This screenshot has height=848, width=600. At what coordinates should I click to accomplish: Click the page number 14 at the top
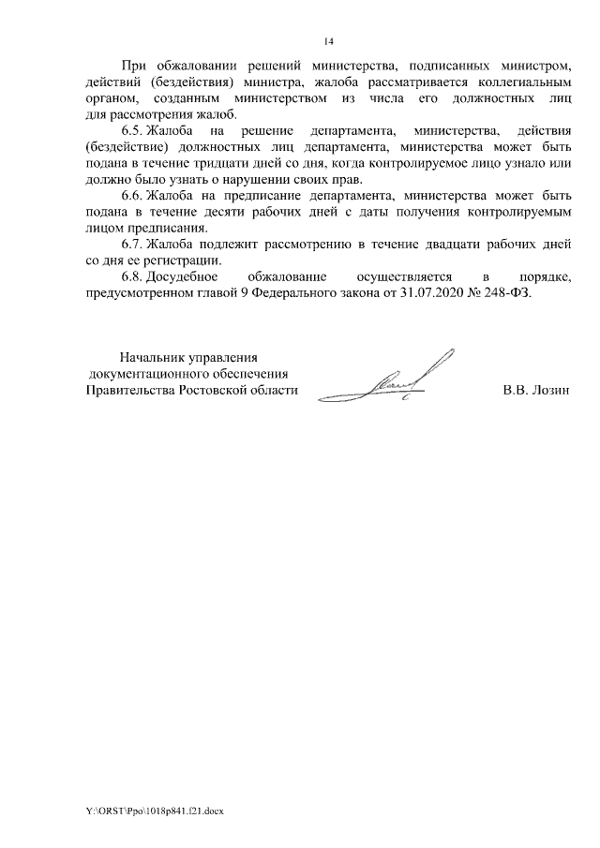pos(328,42)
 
